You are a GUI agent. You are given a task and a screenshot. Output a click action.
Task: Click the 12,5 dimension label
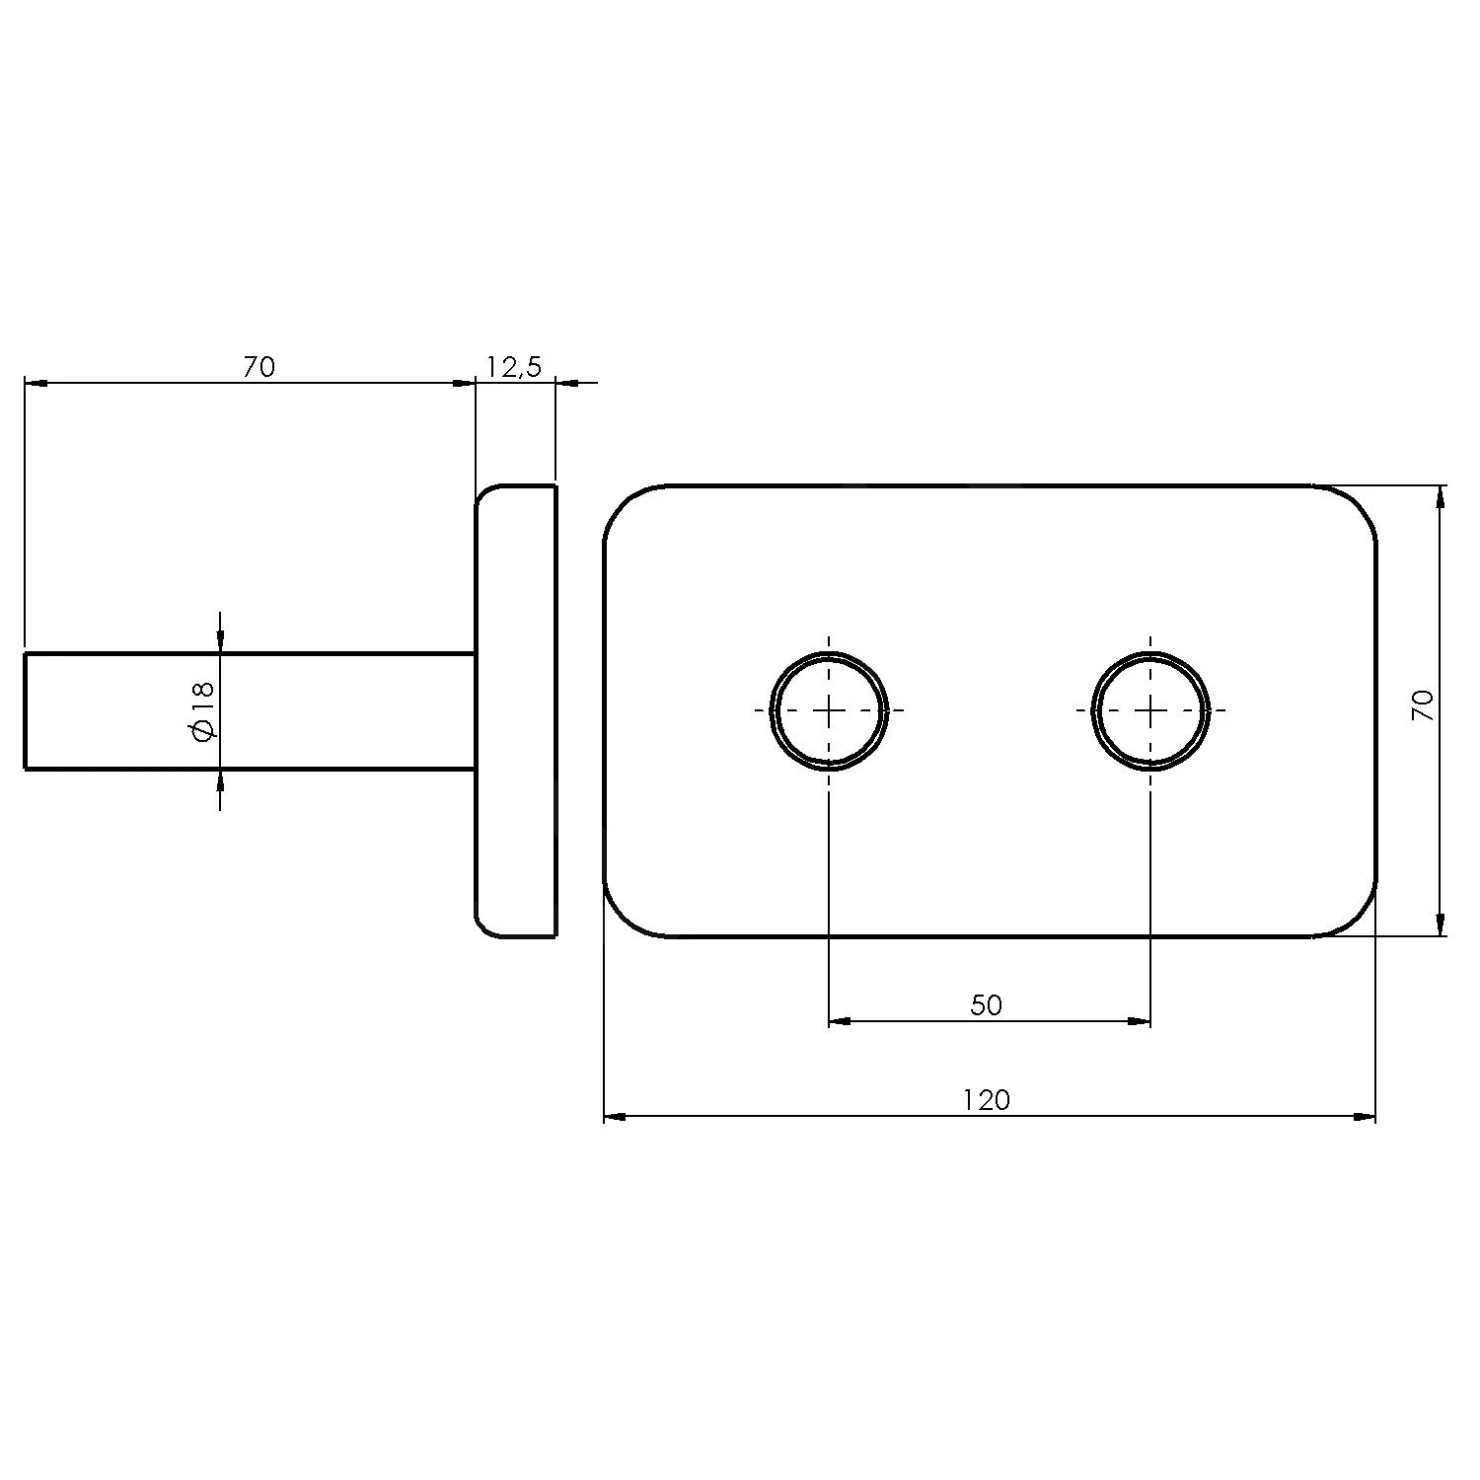click(513, 367)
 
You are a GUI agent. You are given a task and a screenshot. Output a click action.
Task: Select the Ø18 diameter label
click(202, 711)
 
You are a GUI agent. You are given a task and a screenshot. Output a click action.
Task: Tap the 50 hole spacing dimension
click(986, 1005)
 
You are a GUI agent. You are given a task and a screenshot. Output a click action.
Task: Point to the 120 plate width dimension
click(987, 1099)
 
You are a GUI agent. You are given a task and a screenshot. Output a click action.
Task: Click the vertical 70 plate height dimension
click(1423, 704)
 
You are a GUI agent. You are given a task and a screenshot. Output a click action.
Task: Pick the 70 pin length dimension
click(259, 367)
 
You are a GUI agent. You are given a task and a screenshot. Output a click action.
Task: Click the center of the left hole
click(829, 710)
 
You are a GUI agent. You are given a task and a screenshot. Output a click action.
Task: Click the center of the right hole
click(1150, 710)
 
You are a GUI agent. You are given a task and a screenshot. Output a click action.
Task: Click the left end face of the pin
click(26, 710)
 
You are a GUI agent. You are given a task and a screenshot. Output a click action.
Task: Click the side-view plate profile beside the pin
click(516, 710)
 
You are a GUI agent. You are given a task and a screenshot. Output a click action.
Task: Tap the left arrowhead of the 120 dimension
click(615, 1117)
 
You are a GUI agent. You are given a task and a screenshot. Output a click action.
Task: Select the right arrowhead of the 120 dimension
click(1365, 1117)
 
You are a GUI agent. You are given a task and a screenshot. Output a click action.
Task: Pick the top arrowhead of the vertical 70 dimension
click(1441, 497)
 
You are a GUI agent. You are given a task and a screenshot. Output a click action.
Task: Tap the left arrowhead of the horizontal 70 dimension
click(37, 384)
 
